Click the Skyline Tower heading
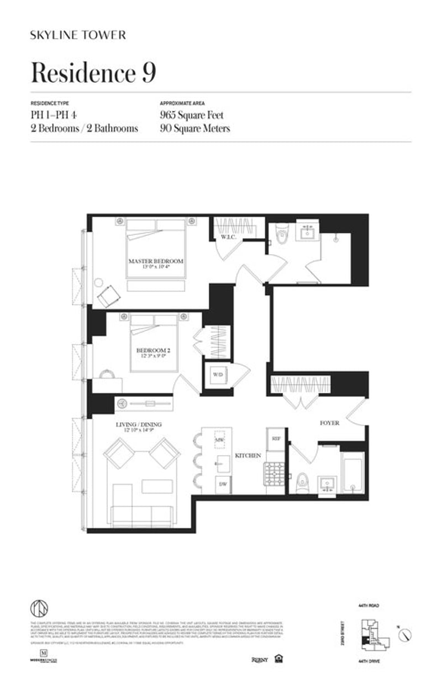78,35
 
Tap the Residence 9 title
93,73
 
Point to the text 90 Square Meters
194,128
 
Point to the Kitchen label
248,456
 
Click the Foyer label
329,423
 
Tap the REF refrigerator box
276,438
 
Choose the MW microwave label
220,439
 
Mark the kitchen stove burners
275,474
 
